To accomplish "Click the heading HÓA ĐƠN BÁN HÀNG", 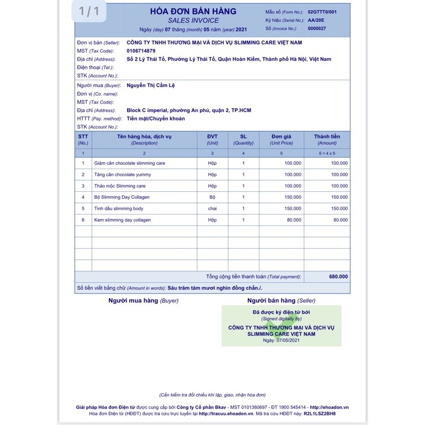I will [193, 11].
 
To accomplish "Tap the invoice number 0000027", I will [317, 29].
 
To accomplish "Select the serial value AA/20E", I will [316, 20].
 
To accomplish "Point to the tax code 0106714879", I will [141, 50].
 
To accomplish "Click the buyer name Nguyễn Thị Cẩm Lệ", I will [150, 85].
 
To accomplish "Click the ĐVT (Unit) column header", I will [212, 139].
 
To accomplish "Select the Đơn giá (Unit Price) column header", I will [282, 139].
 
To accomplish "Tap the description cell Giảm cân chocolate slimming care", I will [130, 163].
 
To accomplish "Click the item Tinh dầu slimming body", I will [118, 209].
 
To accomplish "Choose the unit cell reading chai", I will [212, 209].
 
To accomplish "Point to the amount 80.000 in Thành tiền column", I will [340, 220].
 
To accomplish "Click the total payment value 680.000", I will [338, 276].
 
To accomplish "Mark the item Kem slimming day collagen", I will [122, 220].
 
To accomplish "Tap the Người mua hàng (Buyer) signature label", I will [143, 301].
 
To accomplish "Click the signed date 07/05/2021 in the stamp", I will [288, 340].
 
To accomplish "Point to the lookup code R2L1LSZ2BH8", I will [320, 413].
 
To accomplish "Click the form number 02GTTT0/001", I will [322, 12].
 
